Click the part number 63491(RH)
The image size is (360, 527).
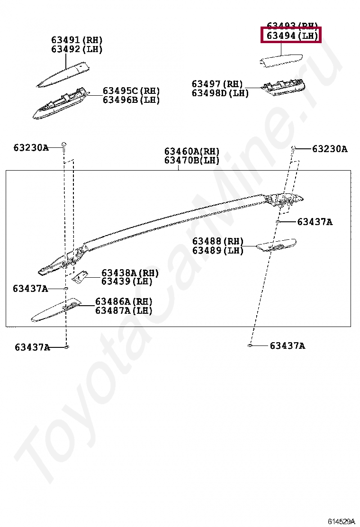click(x=77, y=40)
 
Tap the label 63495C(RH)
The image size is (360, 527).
click(x=131, y=91)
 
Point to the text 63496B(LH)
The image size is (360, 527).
click(x=131, y=100)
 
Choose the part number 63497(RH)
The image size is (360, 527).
click(x=217, y=84)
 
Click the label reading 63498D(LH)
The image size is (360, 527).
click(x=220, y=93)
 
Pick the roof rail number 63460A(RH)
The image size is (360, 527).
click(x=192, y=151)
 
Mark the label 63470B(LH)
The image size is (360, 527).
click(x=192, y=161)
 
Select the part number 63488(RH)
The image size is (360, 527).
click(x=218, y=241)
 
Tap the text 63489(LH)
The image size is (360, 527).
click(x=218, y=251)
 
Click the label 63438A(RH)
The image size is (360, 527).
click(x=130, y=273)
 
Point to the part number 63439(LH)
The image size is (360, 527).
click(x=127, y=282)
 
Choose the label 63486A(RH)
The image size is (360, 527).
click(x=124, y=301)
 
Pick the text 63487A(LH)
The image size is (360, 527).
click(x=124, y=311)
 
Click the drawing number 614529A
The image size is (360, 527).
click(x=341, y=521)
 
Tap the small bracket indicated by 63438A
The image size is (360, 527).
click(x=81, y=277)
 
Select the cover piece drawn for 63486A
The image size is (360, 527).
click(x=54, y=310)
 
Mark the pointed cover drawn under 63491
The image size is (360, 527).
click(x=64, y=73)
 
